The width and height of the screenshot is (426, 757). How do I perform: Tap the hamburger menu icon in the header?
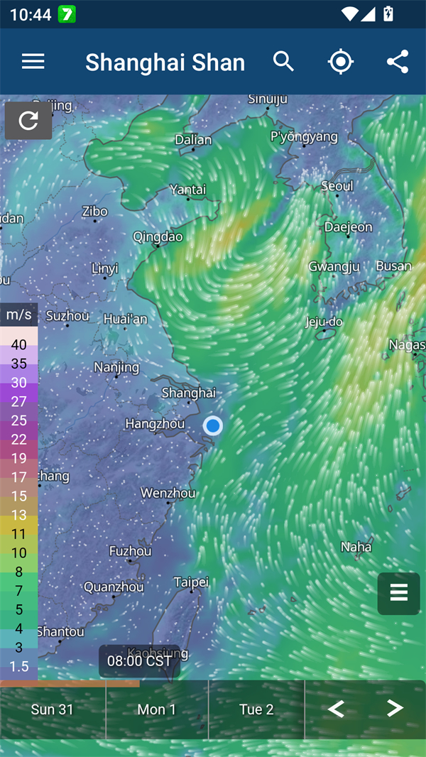pos(33,62)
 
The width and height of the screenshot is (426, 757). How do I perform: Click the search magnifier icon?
pos(283,62)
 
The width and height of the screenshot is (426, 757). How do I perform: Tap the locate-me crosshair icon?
pos(341,62)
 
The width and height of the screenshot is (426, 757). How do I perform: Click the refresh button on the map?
pos(28,121)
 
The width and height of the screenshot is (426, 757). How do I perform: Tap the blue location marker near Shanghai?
pos(213,425)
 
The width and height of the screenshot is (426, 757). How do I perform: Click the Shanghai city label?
pos(188,393)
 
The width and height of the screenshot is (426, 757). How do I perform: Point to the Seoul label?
pos(337,186)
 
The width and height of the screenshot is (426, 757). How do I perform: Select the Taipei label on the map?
pos(191,582)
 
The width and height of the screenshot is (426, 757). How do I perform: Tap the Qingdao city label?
pos(158,236)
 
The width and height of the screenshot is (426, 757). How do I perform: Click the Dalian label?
pos(193,140)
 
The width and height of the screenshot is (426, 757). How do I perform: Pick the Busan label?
pos(393,266)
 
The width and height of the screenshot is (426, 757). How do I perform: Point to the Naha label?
pos(356,547)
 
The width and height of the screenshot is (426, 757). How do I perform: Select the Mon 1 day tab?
pos(156,709)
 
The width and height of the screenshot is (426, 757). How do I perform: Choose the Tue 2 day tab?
pos(256,709)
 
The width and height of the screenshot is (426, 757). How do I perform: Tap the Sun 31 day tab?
pos(52,709)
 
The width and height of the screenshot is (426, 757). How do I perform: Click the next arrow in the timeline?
pos(395,708)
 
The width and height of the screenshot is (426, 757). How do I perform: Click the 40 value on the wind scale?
pos(19,345)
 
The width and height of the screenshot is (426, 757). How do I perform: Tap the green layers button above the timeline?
pos(399,593)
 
